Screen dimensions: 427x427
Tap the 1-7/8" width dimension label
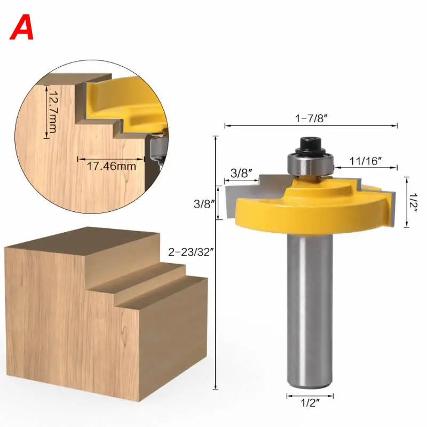pyautogui.click(x=311, y=118)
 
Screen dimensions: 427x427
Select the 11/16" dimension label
pyautogui.click(x=365, y=161)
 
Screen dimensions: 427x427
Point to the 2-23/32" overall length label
pyautogui.click(x=190, y=252)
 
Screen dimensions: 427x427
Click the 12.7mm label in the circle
pyautogui.click(x=52, y=111)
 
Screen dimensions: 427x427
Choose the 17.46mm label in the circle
pyautogui.click(x=111, y=166)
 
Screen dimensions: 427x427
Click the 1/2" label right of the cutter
pyautogui.click(x=413, y=202)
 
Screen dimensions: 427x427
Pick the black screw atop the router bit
pyautogui.click(x=311, y=146)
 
